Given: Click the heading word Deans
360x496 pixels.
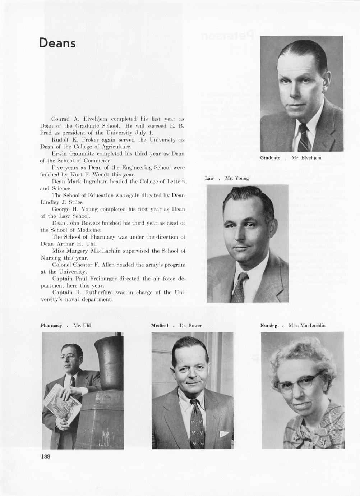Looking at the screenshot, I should (57, 43).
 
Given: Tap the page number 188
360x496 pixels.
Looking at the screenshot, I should (45, 457).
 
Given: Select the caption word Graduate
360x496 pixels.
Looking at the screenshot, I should (270, 158).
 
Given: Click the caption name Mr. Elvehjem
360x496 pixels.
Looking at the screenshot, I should (306, 158).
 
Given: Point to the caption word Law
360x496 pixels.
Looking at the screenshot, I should (209, 178).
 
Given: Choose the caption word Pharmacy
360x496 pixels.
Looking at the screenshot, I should (51, 326).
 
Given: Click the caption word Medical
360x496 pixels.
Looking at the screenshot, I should (160, 326).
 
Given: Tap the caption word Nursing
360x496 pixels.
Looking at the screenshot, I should (269, 326).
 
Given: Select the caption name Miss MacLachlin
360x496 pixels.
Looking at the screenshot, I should (307, 326).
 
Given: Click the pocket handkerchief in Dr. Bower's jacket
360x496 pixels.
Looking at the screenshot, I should (223, 434).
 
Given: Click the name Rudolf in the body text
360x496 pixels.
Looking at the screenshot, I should (60, 140).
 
